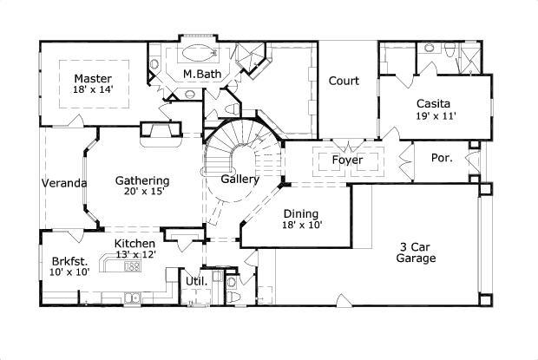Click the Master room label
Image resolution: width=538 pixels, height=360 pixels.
pyautogui.click(x=91, y=77)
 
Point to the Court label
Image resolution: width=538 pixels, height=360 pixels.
pyautogui.click(x=344, y=82)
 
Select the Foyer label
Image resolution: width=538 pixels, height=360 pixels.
pyautogui.click(x=347, y=160)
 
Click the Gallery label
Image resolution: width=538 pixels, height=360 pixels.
pyautogui.click(x=240, y=180)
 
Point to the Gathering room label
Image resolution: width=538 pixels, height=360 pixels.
pyautogui.click(x=142, y=181)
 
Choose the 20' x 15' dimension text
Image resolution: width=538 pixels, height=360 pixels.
pyautogui.click(x=142, y=193)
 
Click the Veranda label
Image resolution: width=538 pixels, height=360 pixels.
pyautogui.click(x=64, y=184)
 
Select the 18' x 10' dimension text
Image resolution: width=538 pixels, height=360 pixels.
pyautogui.click(x=301, y=226)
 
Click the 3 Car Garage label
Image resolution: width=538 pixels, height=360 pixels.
pyautogui.click(x=416, y=252)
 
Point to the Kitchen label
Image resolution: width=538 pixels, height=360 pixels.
pyautogui.click(x=134, y=244)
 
